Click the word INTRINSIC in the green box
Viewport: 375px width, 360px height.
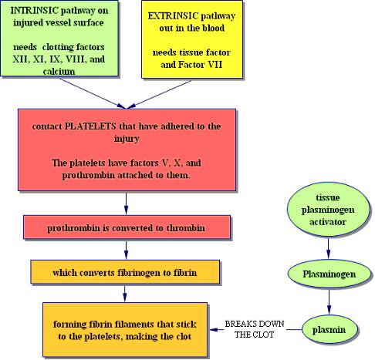34,11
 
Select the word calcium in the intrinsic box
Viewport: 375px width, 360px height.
59,71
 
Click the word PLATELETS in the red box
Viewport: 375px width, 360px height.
90,126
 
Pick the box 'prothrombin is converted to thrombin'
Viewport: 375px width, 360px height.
127,227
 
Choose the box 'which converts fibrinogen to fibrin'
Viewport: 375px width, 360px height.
125,272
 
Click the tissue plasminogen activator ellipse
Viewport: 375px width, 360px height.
329,210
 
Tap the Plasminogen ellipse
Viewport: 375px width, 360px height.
329,274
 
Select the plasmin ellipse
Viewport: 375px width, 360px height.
329,329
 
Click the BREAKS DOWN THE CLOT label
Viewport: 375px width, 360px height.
255,329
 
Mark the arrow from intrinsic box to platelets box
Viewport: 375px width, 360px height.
93,93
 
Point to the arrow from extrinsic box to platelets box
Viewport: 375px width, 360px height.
159,94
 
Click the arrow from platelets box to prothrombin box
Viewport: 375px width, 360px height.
126,204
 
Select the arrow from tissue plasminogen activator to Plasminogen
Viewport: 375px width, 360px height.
328,248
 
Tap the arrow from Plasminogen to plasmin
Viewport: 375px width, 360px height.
329,302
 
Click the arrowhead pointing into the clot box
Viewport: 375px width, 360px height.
213,329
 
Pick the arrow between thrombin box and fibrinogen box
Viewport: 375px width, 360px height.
126,251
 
